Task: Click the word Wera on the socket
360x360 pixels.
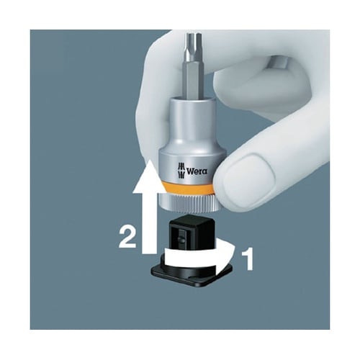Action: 197,171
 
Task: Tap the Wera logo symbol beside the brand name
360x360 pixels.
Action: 181,171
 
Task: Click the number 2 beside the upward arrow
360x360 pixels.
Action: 127,238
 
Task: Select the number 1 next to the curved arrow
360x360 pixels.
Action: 248,260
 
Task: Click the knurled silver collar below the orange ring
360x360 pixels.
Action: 185,204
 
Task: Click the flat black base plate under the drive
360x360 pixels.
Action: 192,276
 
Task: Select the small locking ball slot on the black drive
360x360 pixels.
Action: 182,236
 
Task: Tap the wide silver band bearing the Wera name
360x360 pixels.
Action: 192,166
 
